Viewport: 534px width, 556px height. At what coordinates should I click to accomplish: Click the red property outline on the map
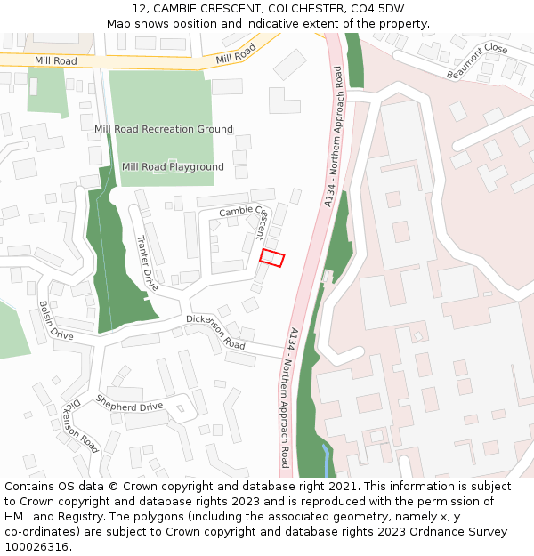pyautogui.click(x=271, y=258)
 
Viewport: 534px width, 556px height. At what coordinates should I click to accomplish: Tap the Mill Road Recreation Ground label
pyautogui.click(x=164, y=129)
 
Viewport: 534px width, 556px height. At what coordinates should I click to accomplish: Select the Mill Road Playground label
pyautogui.click(x=173, y=167)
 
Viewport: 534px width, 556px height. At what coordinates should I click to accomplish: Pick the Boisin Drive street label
pyautogui.click(x=55, y=320)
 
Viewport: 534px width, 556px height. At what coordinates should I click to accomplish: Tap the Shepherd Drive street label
pyautogui.click(x=130, y=407)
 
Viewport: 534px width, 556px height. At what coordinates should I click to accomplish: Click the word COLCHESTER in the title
pyautogui.click(x=301, y=8)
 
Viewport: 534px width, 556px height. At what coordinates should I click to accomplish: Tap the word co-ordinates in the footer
pyautogui.click(x=40, y=532)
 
